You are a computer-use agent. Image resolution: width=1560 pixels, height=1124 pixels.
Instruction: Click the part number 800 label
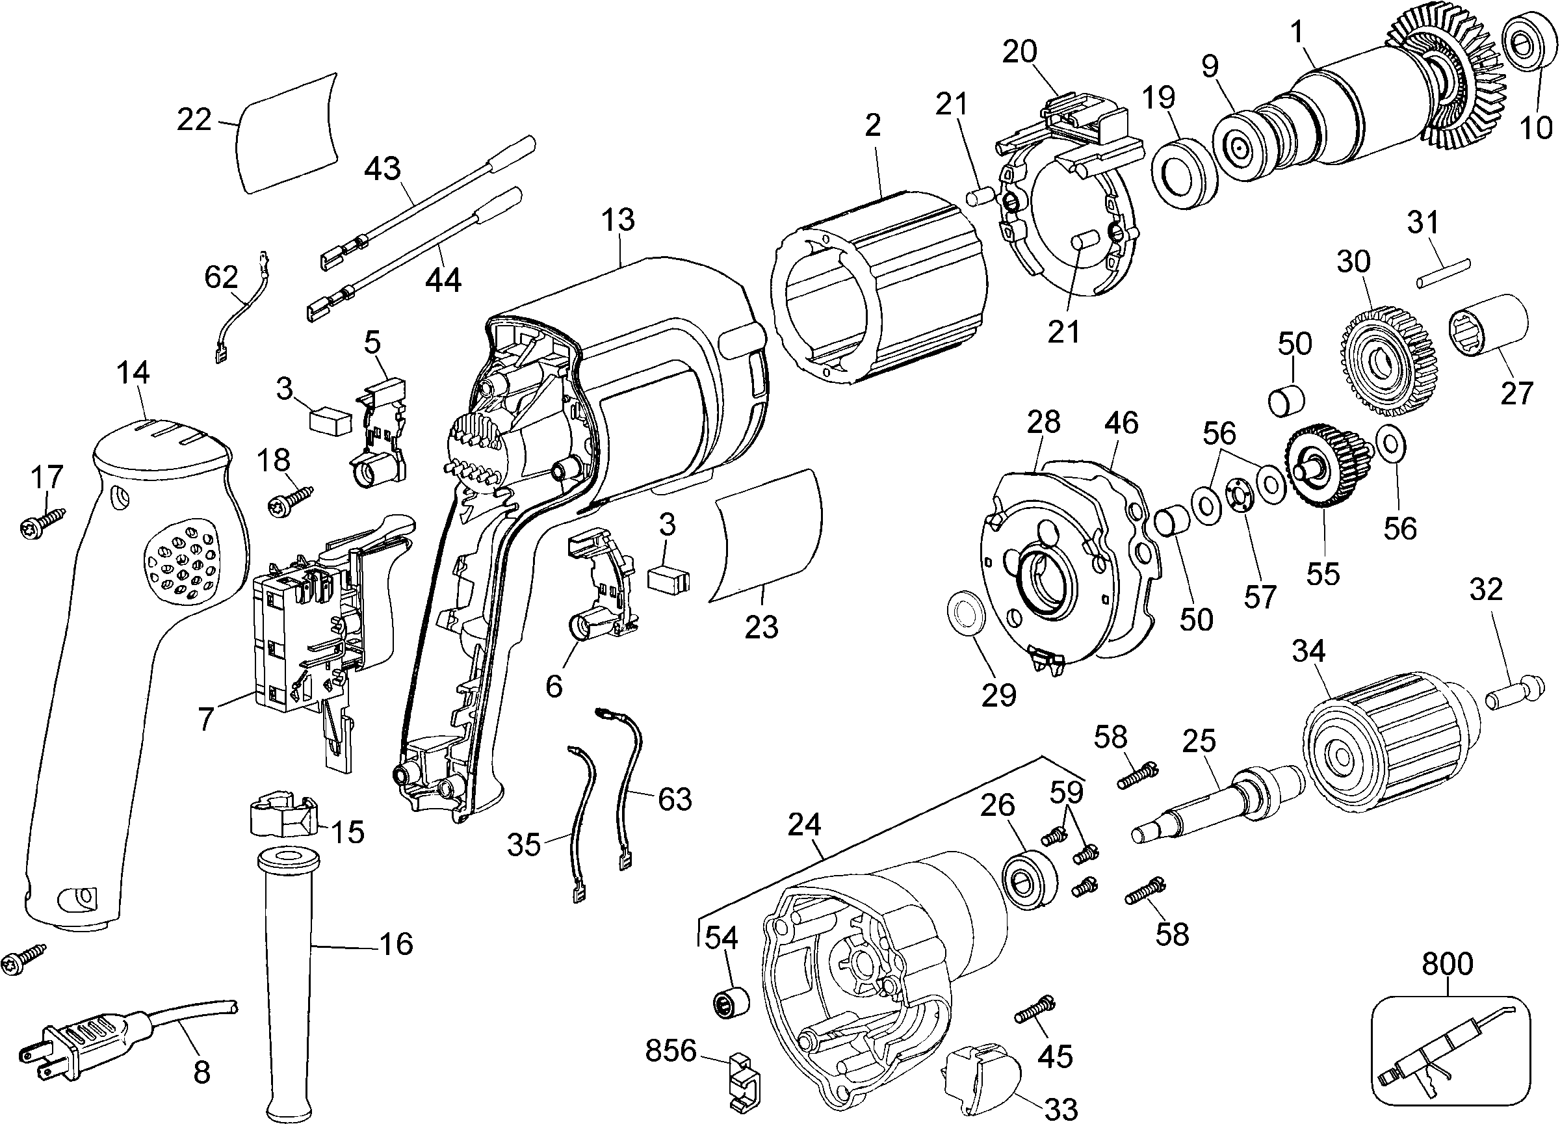[x=1447, y=965]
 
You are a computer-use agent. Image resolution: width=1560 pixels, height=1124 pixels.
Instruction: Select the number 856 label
[x=671, y=1051]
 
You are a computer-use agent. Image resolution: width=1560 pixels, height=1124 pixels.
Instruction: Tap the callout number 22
[x=193, y=120]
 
